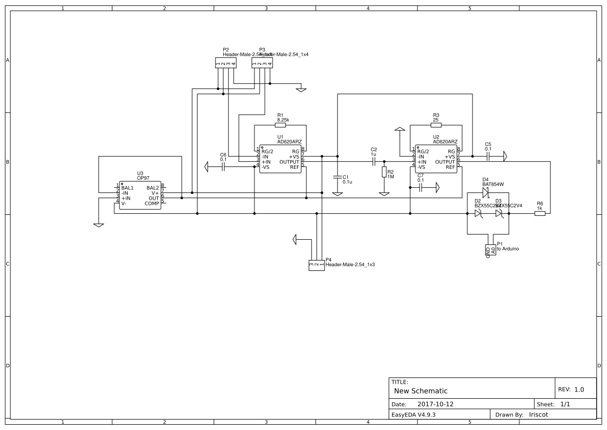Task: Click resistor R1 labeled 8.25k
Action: click(280, 125)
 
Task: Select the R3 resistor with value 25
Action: click(436, 125)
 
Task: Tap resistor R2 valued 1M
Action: click(384, 173)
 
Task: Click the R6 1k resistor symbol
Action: click(539, 213)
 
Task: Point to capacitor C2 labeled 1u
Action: click(373, 162)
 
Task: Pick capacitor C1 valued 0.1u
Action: click(338, 177)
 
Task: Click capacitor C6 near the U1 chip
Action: click(223, 167)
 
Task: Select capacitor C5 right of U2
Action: click(488, 156)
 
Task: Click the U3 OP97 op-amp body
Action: click(140, 196)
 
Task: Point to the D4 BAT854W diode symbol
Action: click(485, 192)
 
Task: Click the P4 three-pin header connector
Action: click(317, 265)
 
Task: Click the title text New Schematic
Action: click(421, 390)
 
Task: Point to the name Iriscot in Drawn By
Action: click(538, 414)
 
